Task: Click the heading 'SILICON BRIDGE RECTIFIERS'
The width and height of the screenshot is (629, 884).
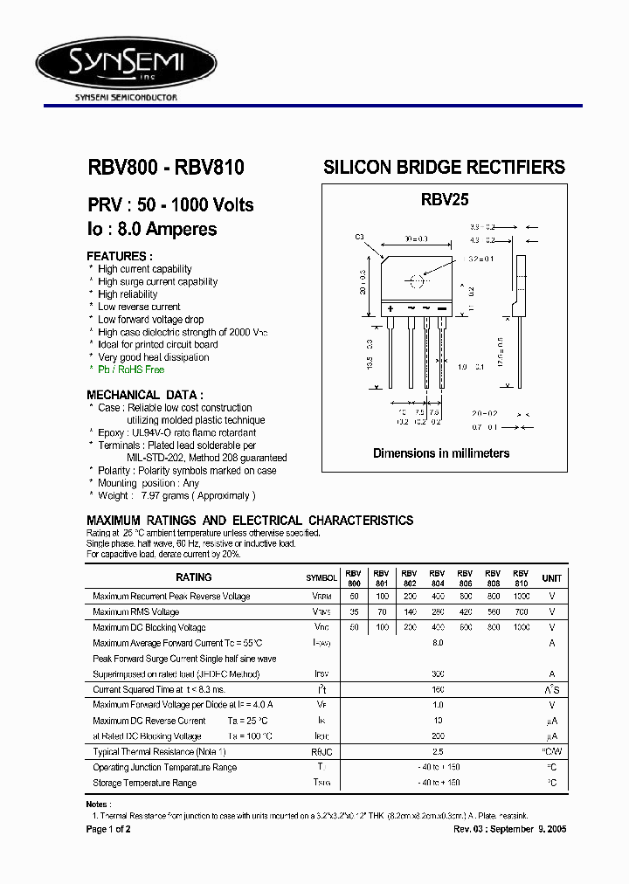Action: click(444, 167)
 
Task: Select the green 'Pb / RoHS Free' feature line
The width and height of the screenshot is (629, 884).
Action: click(131, 369)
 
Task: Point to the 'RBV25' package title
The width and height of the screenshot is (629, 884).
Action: click(445, 200)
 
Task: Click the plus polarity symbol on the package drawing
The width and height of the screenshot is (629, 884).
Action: click(390, 309)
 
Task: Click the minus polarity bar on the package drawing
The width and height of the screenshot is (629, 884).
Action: click(441, 309)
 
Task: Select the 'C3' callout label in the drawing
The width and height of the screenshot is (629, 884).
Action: click(359, 238)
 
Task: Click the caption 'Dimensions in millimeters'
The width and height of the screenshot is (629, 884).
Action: click(441, 453)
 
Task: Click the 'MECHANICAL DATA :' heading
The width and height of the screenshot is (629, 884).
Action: click(146, 395)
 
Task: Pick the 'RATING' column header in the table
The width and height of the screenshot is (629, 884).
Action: click(194, 577)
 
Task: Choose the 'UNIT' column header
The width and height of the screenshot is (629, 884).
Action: click(552, 577)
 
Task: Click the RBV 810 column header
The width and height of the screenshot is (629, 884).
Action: click(521, 577)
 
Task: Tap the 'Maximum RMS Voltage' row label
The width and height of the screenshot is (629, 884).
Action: click(135, 612)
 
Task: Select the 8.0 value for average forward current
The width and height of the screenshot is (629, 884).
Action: click(438, 643)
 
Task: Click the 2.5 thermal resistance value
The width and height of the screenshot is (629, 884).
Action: click(438, 751)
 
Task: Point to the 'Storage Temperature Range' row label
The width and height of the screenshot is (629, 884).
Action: click(144, 783)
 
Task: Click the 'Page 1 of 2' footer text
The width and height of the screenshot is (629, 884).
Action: click(108, 828)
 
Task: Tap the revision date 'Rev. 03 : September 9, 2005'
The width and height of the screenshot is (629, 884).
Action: click(510, 828)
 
